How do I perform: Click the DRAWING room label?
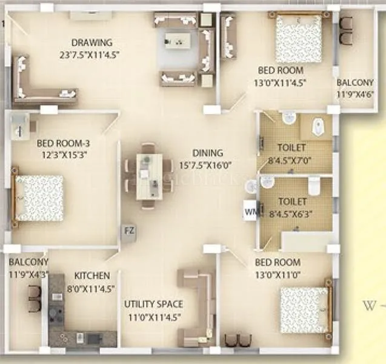click(x=92, y=42)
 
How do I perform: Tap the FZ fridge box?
click(x=128, y=231)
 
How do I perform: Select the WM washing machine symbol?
click(x=250, y=211)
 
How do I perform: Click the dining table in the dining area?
click(x=145, y=175)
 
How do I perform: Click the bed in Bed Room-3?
click(x=39, y=197)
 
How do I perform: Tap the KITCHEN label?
click(x=92, y=275)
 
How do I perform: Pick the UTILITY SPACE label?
click(x=153, y=304)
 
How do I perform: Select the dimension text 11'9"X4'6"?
click(x=355, y=94)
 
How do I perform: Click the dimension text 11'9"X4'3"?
click(x=28, y=274)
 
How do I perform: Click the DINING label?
click(x=208, y=153)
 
